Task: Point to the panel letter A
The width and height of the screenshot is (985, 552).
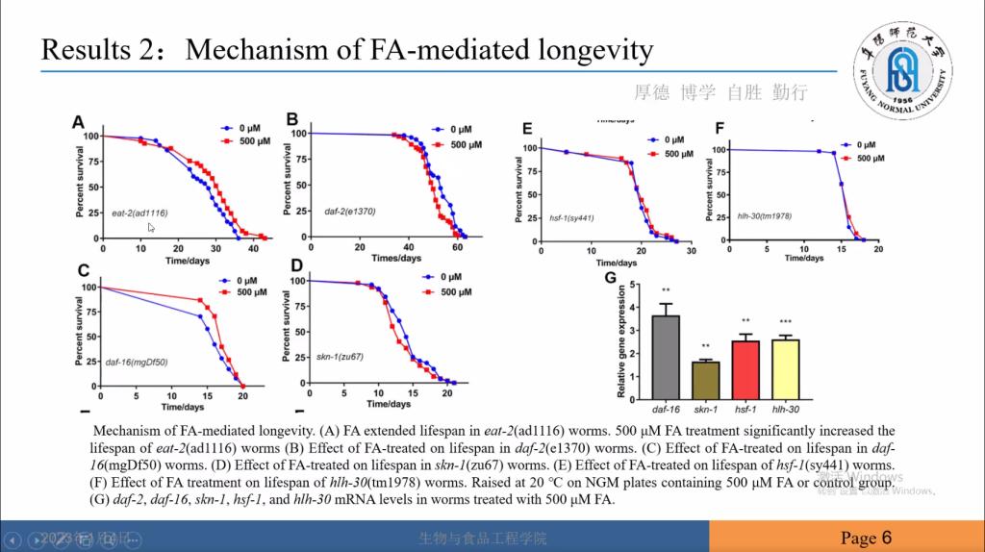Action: pyautogui.click(x=80, y=122)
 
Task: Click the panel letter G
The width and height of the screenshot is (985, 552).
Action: pyautogui.click(x=610, y=279)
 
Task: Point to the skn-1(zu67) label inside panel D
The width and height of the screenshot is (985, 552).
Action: pyautogui.click(x=340, y=357)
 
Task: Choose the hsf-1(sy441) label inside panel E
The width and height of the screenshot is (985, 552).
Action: pyautogui.click(x=571, y=218)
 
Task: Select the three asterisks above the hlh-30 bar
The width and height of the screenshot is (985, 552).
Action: pyautogui.click(x=785, y=322)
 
